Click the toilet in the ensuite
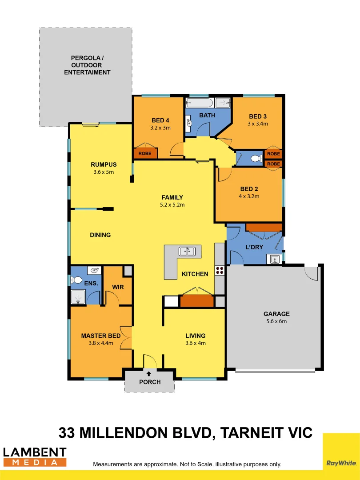(x=76, y=280)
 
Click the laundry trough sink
(x=274, y=259)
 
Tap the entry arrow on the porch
(x=148, y=373)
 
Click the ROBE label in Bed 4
(x=145, y=153)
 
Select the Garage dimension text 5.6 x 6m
(x=276, y=321)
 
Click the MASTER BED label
(x=100, y=336)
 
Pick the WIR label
(x=118, y=287)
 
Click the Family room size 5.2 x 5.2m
(x=172, y=205)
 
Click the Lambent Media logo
(x=35, y=457)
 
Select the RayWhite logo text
(x=341, y=463)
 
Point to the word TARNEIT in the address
(x=252, y=432)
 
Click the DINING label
(x=100, y=235)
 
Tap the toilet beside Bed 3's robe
(x=254, y=158)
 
